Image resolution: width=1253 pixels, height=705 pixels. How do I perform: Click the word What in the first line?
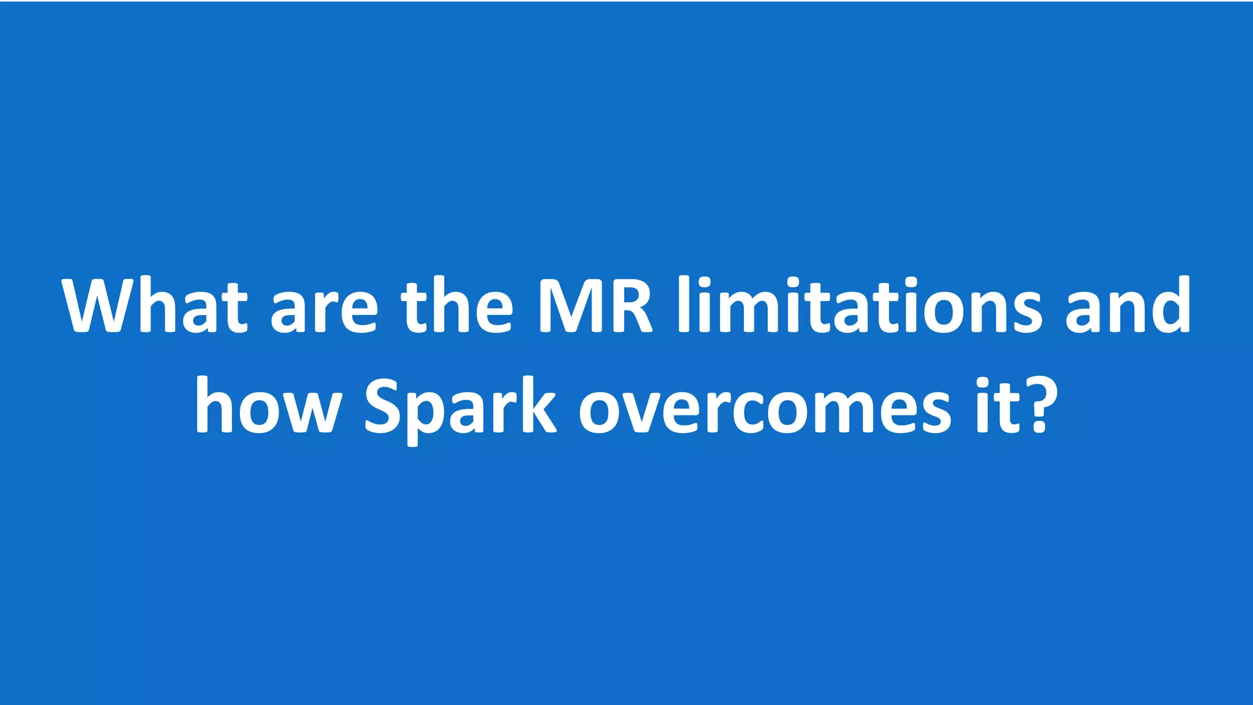click(x=155, y=306)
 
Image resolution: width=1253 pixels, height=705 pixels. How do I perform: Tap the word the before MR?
click(x=456, y=306)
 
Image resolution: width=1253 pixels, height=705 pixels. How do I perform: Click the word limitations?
click(x=860, y=306)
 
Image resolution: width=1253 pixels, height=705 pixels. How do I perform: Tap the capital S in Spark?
click(x=383, y=407)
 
